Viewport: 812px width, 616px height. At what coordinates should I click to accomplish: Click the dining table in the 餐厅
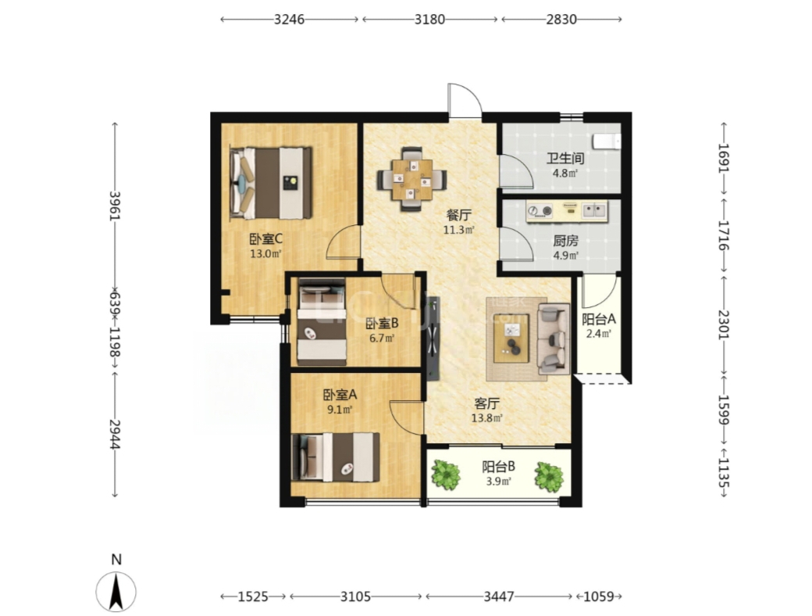coord(412,180)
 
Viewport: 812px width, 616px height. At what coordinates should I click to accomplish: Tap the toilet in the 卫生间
coord(607,141)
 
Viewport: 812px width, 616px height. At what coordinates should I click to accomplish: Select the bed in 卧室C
coord(271,182)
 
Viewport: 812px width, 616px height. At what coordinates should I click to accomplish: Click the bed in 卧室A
coord(336,457)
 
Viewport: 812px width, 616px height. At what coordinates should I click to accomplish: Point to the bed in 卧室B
coord(322,322)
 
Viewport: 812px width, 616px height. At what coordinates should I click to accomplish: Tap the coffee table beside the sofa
coord(511,338)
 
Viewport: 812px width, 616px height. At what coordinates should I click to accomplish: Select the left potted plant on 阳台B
coord(446,475)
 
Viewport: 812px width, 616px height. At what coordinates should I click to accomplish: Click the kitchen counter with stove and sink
coord(567,212)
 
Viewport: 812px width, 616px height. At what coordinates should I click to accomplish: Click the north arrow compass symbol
coord(116,591)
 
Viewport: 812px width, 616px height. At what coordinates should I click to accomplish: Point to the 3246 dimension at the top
coord(289,20)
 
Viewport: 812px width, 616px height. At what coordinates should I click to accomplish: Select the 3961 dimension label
coord(115,206)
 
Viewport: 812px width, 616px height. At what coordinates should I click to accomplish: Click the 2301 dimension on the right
coord(724,324)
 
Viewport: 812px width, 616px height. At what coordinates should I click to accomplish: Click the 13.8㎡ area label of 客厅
coord(486,418)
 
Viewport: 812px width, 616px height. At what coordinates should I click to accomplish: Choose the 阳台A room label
coord(598,320)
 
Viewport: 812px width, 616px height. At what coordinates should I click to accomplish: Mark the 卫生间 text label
coord(565,158)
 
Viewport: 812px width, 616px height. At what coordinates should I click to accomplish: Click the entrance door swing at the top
coord(465,101)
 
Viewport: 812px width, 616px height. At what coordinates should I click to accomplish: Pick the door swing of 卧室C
coord(343,242)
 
